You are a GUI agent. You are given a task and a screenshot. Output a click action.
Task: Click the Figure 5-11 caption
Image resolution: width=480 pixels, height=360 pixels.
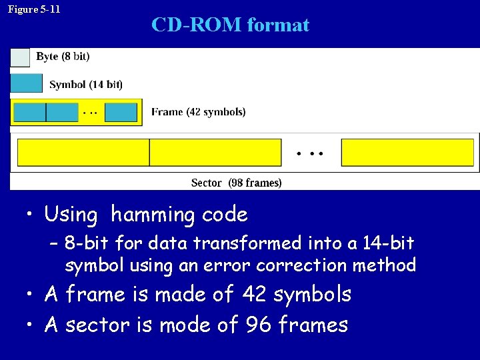pyautogui.click(x=34, y=9)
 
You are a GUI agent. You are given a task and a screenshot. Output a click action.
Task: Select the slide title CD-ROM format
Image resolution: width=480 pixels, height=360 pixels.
pyautogui.click(x=230, y=25)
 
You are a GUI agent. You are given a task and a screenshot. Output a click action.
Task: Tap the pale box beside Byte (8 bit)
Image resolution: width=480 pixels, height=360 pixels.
pyautogui.click(x=20, y=58)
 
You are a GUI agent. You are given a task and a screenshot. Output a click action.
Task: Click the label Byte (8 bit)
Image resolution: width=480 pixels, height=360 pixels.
pyautogui.click(x=63, y=57)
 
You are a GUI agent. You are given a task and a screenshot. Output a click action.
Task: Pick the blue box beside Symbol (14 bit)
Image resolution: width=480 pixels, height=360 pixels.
pyautogui.click(x=27, y=83)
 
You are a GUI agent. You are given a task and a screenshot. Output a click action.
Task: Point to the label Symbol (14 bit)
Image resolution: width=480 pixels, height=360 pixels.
pyautogui.click(x=86, y=85)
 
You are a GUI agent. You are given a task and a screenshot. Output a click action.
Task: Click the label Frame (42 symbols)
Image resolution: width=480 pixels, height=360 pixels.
pyautogui.click(x=198, y=112)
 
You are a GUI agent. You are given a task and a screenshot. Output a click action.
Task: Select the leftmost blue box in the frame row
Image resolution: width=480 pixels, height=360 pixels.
pyautogui.click(x=29, y=112)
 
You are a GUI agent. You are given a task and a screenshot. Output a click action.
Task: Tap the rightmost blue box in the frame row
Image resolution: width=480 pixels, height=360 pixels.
pyautogui.click(x=121, y=112)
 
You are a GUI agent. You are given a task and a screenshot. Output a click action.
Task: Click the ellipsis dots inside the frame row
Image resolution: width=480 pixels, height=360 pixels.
pyautogui.click(x=89, y=113)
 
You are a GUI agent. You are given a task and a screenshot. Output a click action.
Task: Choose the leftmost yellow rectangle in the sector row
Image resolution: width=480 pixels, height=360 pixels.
pyautogui.click(x=83, y=153)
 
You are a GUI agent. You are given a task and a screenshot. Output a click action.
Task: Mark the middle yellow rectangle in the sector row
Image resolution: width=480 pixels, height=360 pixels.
pyautogui.click(x=215, y=153)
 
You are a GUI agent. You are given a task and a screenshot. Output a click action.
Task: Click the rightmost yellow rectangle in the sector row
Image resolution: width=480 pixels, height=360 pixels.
pyautogui.click(x=407, y=153)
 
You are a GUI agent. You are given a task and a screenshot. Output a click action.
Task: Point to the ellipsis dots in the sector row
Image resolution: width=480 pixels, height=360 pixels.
pyautogui.click(x=310, y=153)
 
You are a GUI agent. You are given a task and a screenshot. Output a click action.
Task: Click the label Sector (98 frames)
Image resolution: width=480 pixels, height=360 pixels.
pyautogui.click(x=236, y=183)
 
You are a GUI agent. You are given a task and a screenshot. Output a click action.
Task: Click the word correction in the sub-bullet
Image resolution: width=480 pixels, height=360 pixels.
pyautogui.click(x=303, y=265)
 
